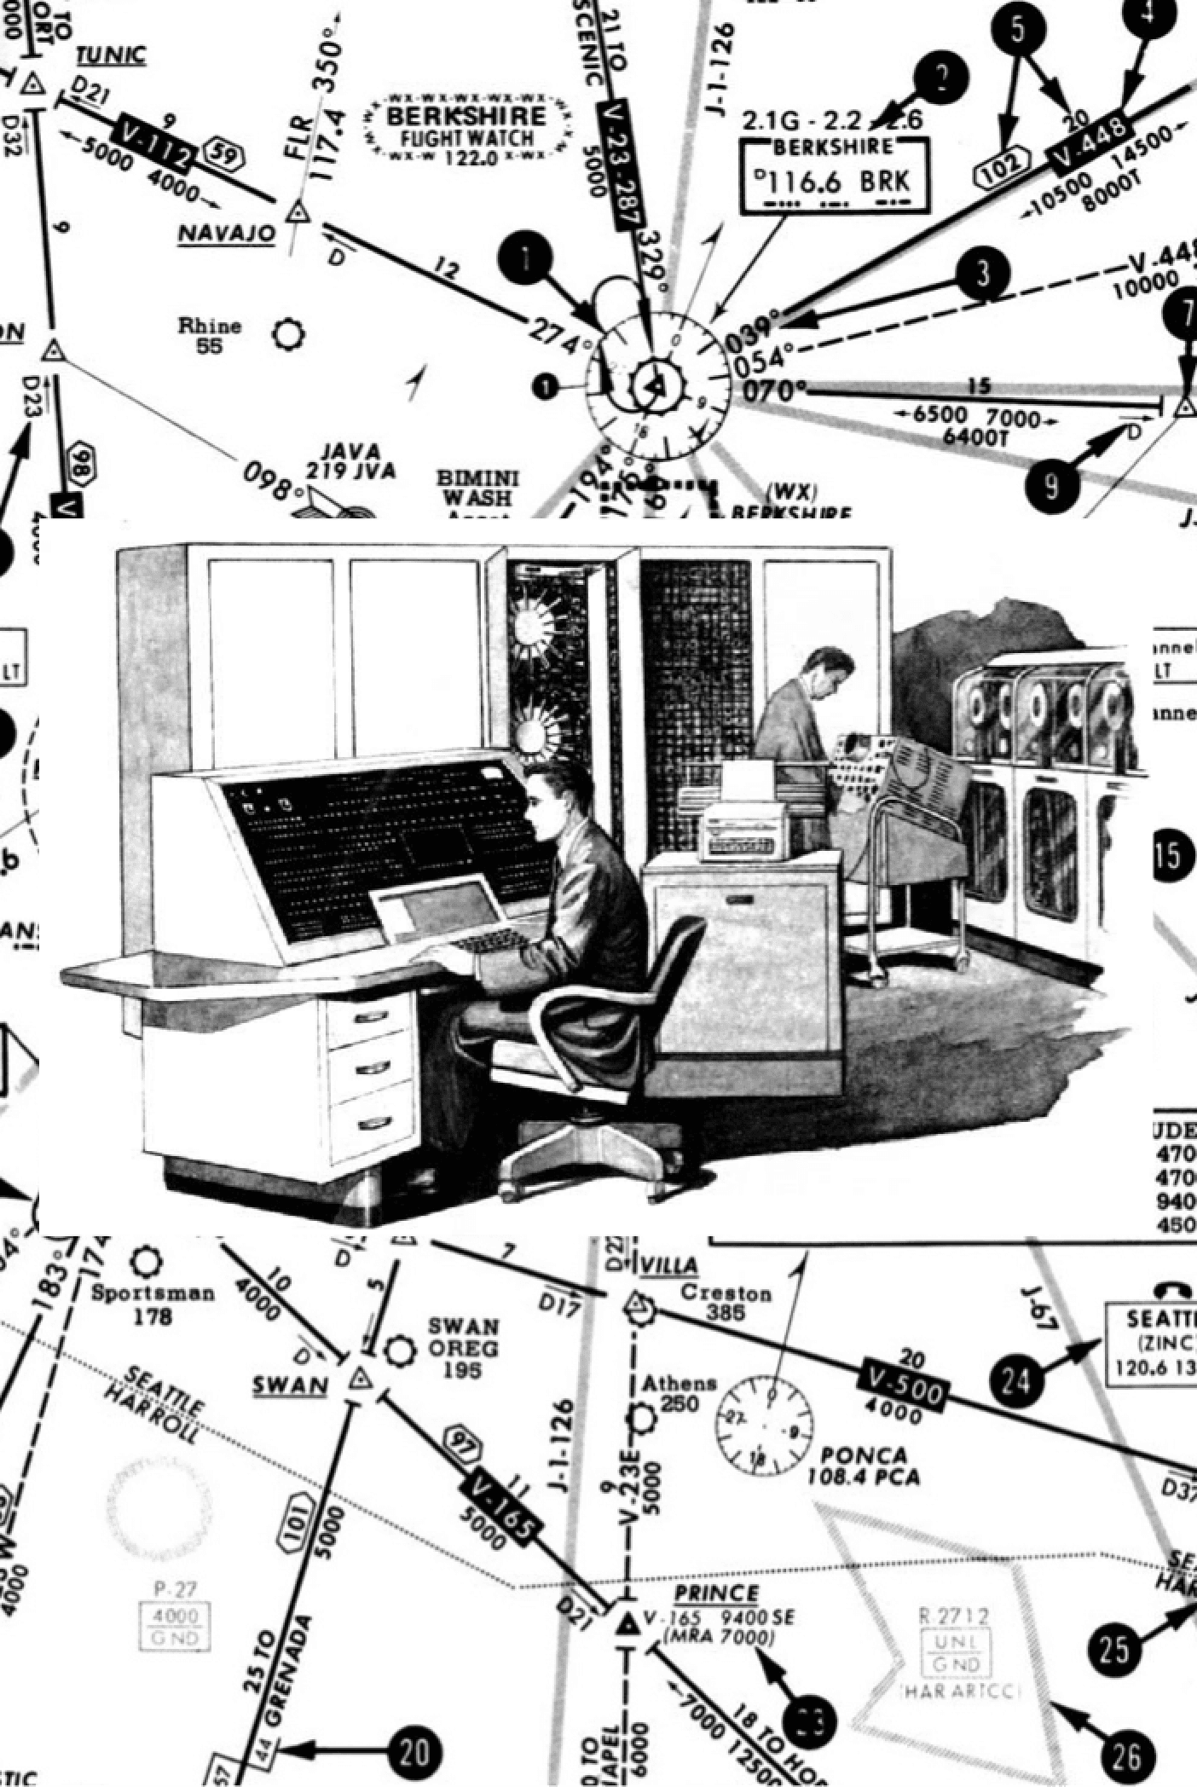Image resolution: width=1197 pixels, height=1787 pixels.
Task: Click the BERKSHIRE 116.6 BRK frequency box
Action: point(834,176)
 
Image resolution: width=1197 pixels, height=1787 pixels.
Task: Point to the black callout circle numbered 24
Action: point(1016,1379)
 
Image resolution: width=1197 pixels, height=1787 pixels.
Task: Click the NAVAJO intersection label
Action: point(227,234)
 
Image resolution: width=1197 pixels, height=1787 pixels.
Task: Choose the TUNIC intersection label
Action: point(111,56)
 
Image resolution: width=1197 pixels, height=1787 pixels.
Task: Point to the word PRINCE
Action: point(716,1593)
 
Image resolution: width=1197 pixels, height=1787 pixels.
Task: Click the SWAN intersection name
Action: point(290,1385)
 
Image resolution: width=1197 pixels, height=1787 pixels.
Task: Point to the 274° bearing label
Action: point(559,335)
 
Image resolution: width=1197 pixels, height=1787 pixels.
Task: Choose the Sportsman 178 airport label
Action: point(152,1304)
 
